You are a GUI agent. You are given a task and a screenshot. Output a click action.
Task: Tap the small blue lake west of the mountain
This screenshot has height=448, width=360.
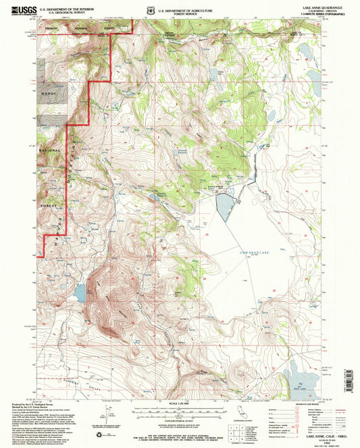click(x=80, y=293)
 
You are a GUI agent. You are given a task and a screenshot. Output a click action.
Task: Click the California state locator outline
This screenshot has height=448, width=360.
click(x=242, y=413)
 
